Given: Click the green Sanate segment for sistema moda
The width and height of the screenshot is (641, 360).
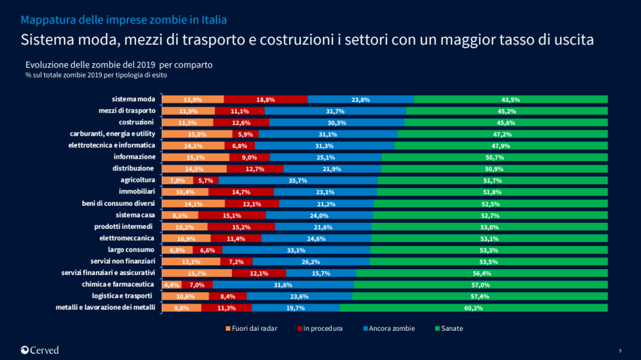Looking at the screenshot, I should (x=510, y=99).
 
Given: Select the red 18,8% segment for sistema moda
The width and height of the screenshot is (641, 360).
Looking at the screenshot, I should (x=266, y=99).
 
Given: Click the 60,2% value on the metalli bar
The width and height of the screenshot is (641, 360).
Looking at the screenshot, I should (x=473, y=308).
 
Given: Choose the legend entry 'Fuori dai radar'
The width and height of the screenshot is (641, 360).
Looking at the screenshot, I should (x=252, y=329).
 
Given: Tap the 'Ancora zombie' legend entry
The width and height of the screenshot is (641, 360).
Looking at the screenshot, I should (x=388, y=329).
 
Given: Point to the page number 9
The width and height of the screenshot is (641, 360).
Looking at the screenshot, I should (x=620, y=350).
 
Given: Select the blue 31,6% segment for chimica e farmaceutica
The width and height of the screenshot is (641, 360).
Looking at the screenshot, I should (x=283, y=285).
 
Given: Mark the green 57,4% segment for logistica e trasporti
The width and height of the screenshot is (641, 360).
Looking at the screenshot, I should (x=480, y=296).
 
